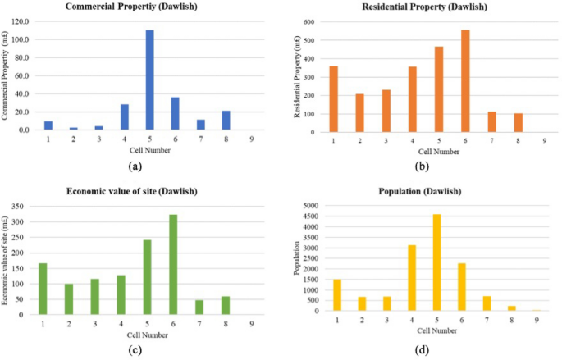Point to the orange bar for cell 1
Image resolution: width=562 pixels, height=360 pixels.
[x=333, y=98]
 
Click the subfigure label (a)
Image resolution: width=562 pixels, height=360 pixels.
[x=136, y=166]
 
